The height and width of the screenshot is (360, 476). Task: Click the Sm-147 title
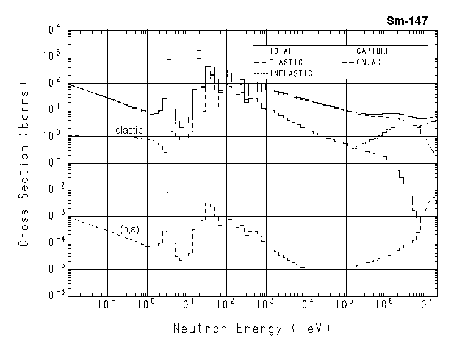(406, 20)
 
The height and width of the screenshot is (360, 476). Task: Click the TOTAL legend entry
(281, 52)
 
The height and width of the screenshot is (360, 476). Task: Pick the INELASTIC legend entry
(290, 73)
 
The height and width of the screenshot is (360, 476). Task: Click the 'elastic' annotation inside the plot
(129, 131)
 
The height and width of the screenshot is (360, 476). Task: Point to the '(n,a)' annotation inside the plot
(129, 229)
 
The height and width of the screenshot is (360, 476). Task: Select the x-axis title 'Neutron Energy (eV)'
(251, 329)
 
